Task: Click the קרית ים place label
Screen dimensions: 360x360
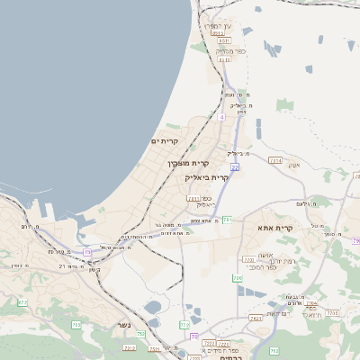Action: coord(165,141)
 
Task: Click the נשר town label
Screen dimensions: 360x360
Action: coord(122,325)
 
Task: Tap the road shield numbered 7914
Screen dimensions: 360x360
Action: coord(275,160)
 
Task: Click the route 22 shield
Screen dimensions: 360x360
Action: coord(234,166)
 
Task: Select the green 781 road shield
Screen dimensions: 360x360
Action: coord(228,220)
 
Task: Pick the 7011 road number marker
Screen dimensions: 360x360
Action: coord(193,198)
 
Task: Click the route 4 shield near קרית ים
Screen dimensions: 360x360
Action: coord(220,116)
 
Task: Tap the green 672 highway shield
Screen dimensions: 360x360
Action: coord(22,301)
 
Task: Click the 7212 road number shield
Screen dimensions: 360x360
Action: coord(129,346)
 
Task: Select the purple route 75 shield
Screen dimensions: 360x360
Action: coord(86,253)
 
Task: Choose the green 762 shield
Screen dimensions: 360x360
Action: coord(274,350)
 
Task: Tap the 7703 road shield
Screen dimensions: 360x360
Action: coord(248,260)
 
